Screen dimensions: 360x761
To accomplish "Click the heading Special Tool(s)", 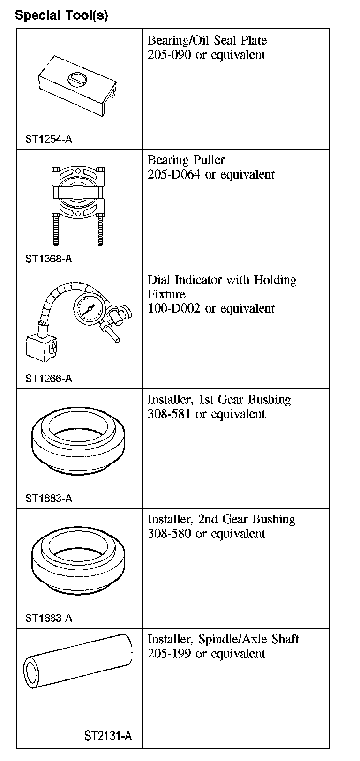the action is point(61,15).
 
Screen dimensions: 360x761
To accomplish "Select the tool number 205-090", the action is point(169,55).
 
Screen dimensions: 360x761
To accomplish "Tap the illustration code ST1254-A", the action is point(49,139).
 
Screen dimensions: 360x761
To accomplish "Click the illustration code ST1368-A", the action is point(49,259).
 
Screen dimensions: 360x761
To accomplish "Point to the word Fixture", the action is point(166,294).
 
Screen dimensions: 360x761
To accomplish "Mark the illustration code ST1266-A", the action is point(49,379).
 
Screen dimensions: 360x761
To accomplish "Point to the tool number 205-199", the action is point(169,654).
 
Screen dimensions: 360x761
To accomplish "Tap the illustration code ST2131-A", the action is point(108,736).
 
